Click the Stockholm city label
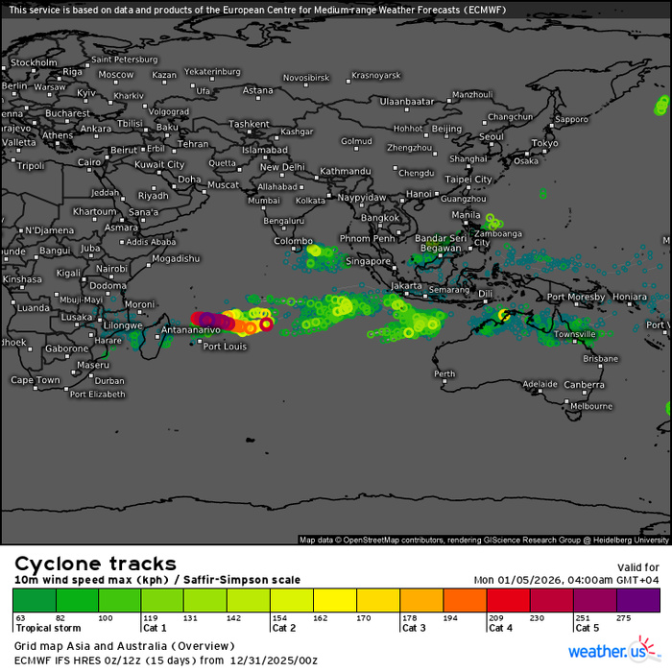click(x=35, y=62)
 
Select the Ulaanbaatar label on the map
click(x=407, y=101)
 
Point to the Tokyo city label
click(x=544, y=143)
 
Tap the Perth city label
click(x=444, y=373)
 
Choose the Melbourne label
click(x=591, y=406)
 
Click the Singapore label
click(x=369, y=261)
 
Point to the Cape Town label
click(x=35, y=380)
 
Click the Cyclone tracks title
click(x=95, y=564)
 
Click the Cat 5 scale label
click(x=587, y=628)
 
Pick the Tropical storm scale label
click(x=47, y=628)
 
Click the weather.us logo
click(x=612, y=652)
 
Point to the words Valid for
click(x=637, y=567)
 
